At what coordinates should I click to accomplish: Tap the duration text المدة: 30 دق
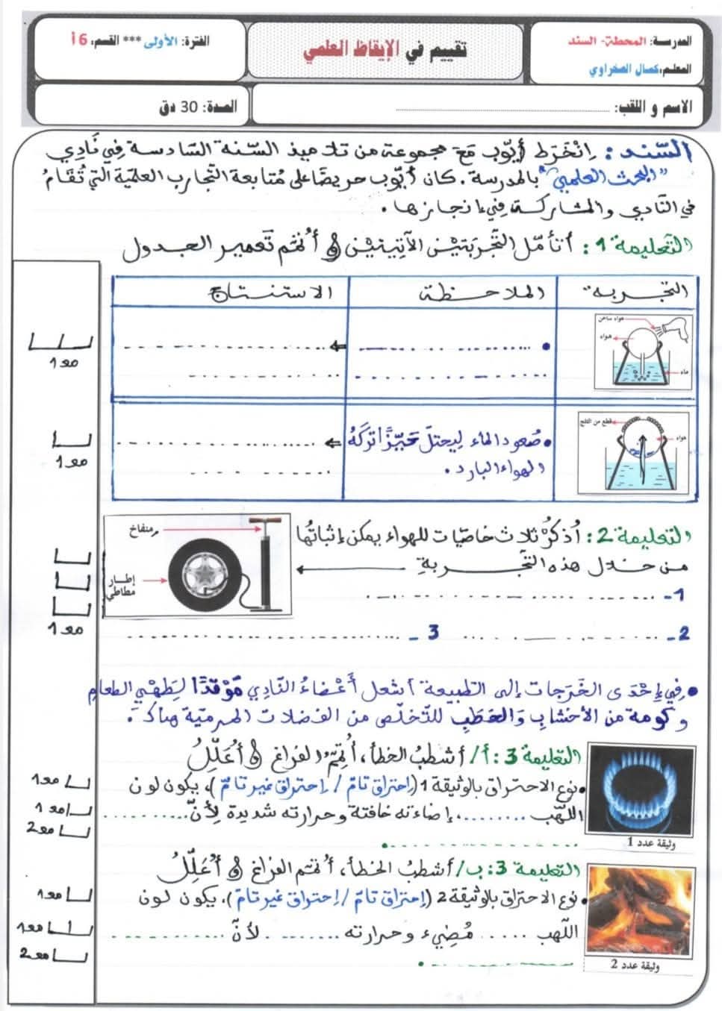(x=197, y=107)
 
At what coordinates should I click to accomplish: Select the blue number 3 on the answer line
(x=433, y=633)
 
